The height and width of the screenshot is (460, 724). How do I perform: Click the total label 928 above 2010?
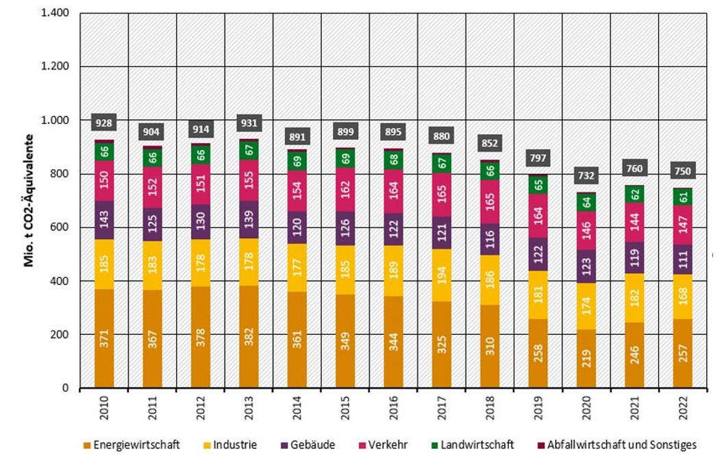(x=104, y=123)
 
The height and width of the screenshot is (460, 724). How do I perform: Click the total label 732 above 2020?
(x=586, y=176)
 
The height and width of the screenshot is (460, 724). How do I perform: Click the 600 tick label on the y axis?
(x=66, y=227)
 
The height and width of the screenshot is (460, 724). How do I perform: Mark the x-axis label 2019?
(x=538, y=409)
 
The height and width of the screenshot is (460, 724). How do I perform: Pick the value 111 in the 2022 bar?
(x=682, y=259)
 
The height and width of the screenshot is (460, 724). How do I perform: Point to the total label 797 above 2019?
(x=538, y=159)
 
